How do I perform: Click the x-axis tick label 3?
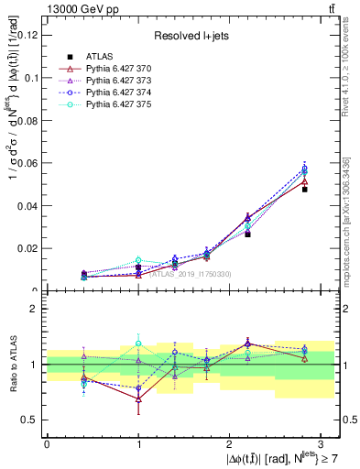321,442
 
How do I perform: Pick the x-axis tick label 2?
229,442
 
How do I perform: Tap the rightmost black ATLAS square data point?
305,190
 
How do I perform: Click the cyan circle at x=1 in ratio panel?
138,344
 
